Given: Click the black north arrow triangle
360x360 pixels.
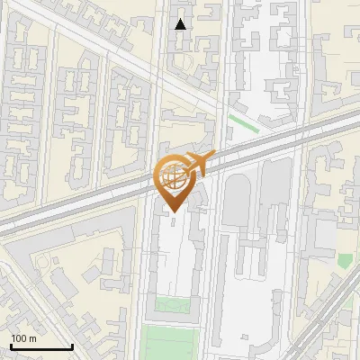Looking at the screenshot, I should pyautogui.click(x=181, y=24).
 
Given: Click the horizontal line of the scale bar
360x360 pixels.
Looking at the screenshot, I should pyautogui.click(x=40, y=347).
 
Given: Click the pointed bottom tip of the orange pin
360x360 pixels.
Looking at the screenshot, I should pyautogui.click(x=173, y=212).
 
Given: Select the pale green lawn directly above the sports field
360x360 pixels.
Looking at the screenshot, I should pyautogui.click(x=174, y=304).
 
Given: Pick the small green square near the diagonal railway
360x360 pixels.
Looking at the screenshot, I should pyautogui.click(x=345, y=261).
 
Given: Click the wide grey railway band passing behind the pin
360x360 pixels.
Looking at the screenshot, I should pyautogui.click(x=90, y=201).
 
